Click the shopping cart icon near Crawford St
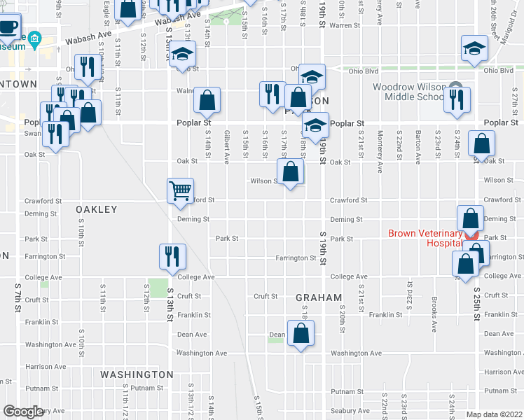click(180, 190)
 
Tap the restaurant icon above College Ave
click(171, 255)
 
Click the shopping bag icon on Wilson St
click(290, 171)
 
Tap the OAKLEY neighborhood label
click(97, 209)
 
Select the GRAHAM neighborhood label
click(318, 297)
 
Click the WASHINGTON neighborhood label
click(137, 374)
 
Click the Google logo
click(23, 412)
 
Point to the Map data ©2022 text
click(495, 414)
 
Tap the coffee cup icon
click(8, 27)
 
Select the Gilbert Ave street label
click(226, 146)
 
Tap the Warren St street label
click(344, 25)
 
